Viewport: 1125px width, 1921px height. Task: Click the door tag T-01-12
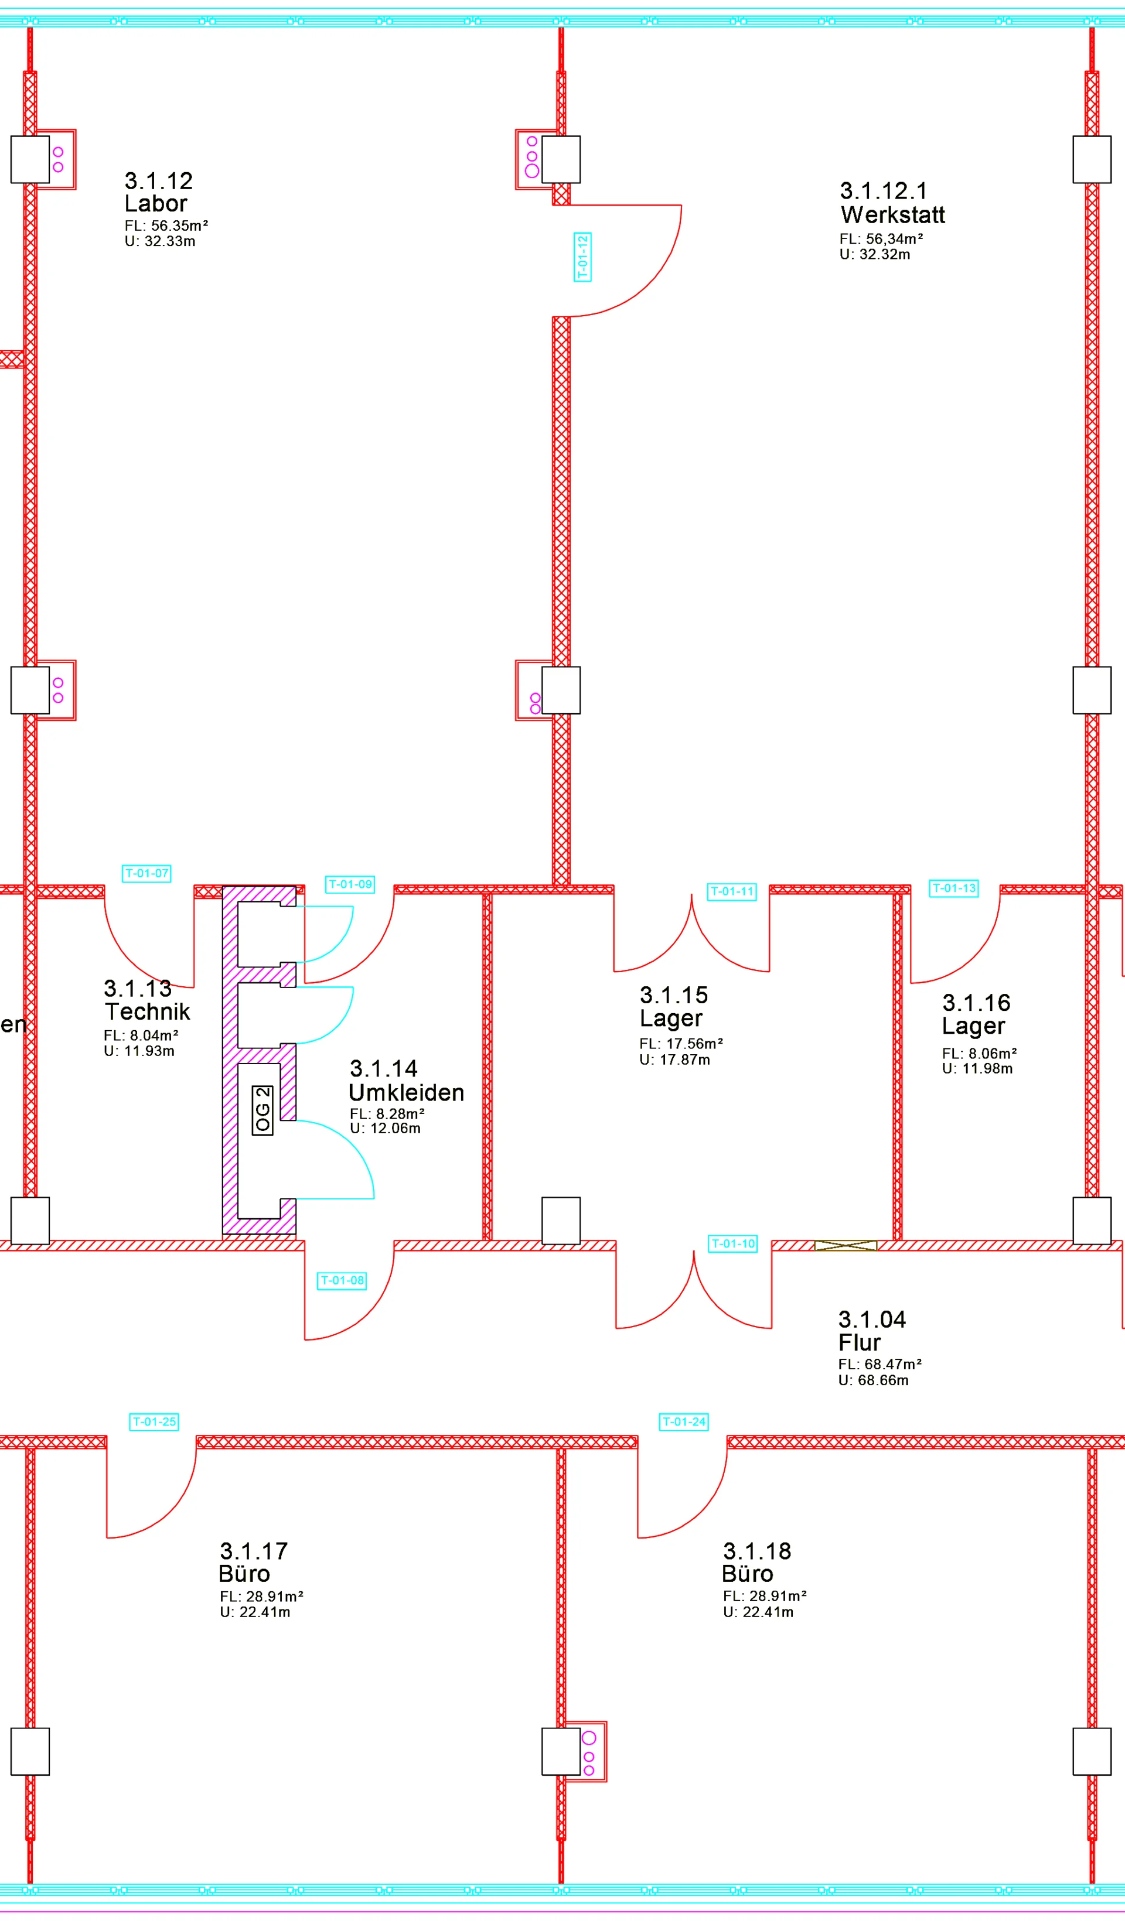pyautogui.click(x=582, y=257)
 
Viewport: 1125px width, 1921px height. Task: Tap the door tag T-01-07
pyautogui.click(x=146, y=874)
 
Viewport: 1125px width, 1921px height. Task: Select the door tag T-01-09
pyautogui.click(x=350, y=884)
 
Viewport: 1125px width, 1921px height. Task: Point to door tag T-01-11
pyautogui.click(x=732, y=892)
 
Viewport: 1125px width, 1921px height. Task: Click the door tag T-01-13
pyautogui.click(x=954, y=888)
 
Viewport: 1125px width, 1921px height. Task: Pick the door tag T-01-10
pyautogui.click(x=733, y=1244)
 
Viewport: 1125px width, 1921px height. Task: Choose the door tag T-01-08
pyautogui.click(x=342, y=1281)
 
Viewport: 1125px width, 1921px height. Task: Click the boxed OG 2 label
pyautogui.click(x=262, y=1110)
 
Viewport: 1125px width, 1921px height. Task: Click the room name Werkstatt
pyautogui.click(x=892, y=215)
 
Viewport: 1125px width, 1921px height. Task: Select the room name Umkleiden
pyautogui.click(x=407, y=1093)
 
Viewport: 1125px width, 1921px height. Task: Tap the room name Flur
pyautogui.click(x=860, y=1342)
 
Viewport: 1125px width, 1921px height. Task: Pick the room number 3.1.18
pyautogui.click(x=758, y=1551)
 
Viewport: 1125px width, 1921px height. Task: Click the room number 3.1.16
pyautogui.click(x=976, y=1003)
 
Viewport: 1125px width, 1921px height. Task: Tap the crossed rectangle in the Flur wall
pyautogui.click(x=846, y=1246)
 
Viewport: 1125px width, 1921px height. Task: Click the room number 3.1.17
pyautogui.click(x=254, y=1551)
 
